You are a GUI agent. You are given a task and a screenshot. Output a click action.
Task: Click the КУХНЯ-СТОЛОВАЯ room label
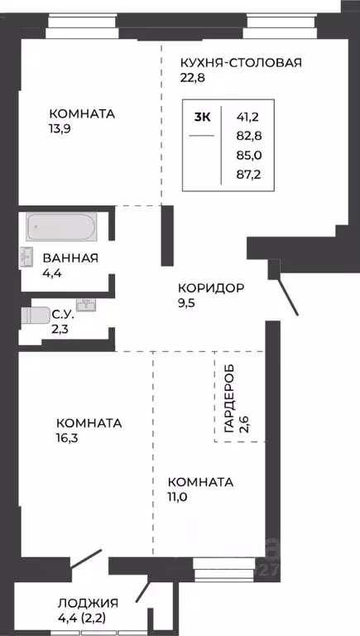pos(241,62)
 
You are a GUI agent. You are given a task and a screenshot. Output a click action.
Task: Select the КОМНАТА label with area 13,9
pos(81,113)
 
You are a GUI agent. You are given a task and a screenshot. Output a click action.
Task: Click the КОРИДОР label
pos(210,288)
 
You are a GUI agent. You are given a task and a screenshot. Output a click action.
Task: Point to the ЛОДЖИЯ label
pos(88,603)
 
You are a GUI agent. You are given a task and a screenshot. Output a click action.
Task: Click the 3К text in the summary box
pos(203,117)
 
